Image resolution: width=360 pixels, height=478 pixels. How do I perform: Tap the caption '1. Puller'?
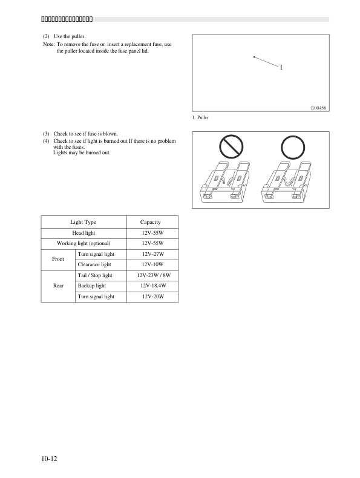tap(200, 117)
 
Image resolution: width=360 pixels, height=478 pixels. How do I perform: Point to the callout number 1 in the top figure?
tap(281, 67)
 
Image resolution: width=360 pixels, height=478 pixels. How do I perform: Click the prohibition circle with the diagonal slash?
tap(232, 147)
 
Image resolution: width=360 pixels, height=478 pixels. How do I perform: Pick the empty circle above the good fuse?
tap(293, 147)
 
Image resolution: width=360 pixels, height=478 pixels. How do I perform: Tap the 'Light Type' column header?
tap(83, 222)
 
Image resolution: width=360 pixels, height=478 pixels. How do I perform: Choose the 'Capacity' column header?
tap(150, 222)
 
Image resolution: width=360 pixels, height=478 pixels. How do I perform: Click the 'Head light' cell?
tap(83, 233)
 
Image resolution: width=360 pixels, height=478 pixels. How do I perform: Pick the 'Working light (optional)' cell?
tap(83, 243)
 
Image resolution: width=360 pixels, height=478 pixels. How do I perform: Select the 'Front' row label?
tap(59, 259)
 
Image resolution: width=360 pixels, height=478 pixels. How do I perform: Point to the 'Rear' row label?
tap(59, 286)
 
